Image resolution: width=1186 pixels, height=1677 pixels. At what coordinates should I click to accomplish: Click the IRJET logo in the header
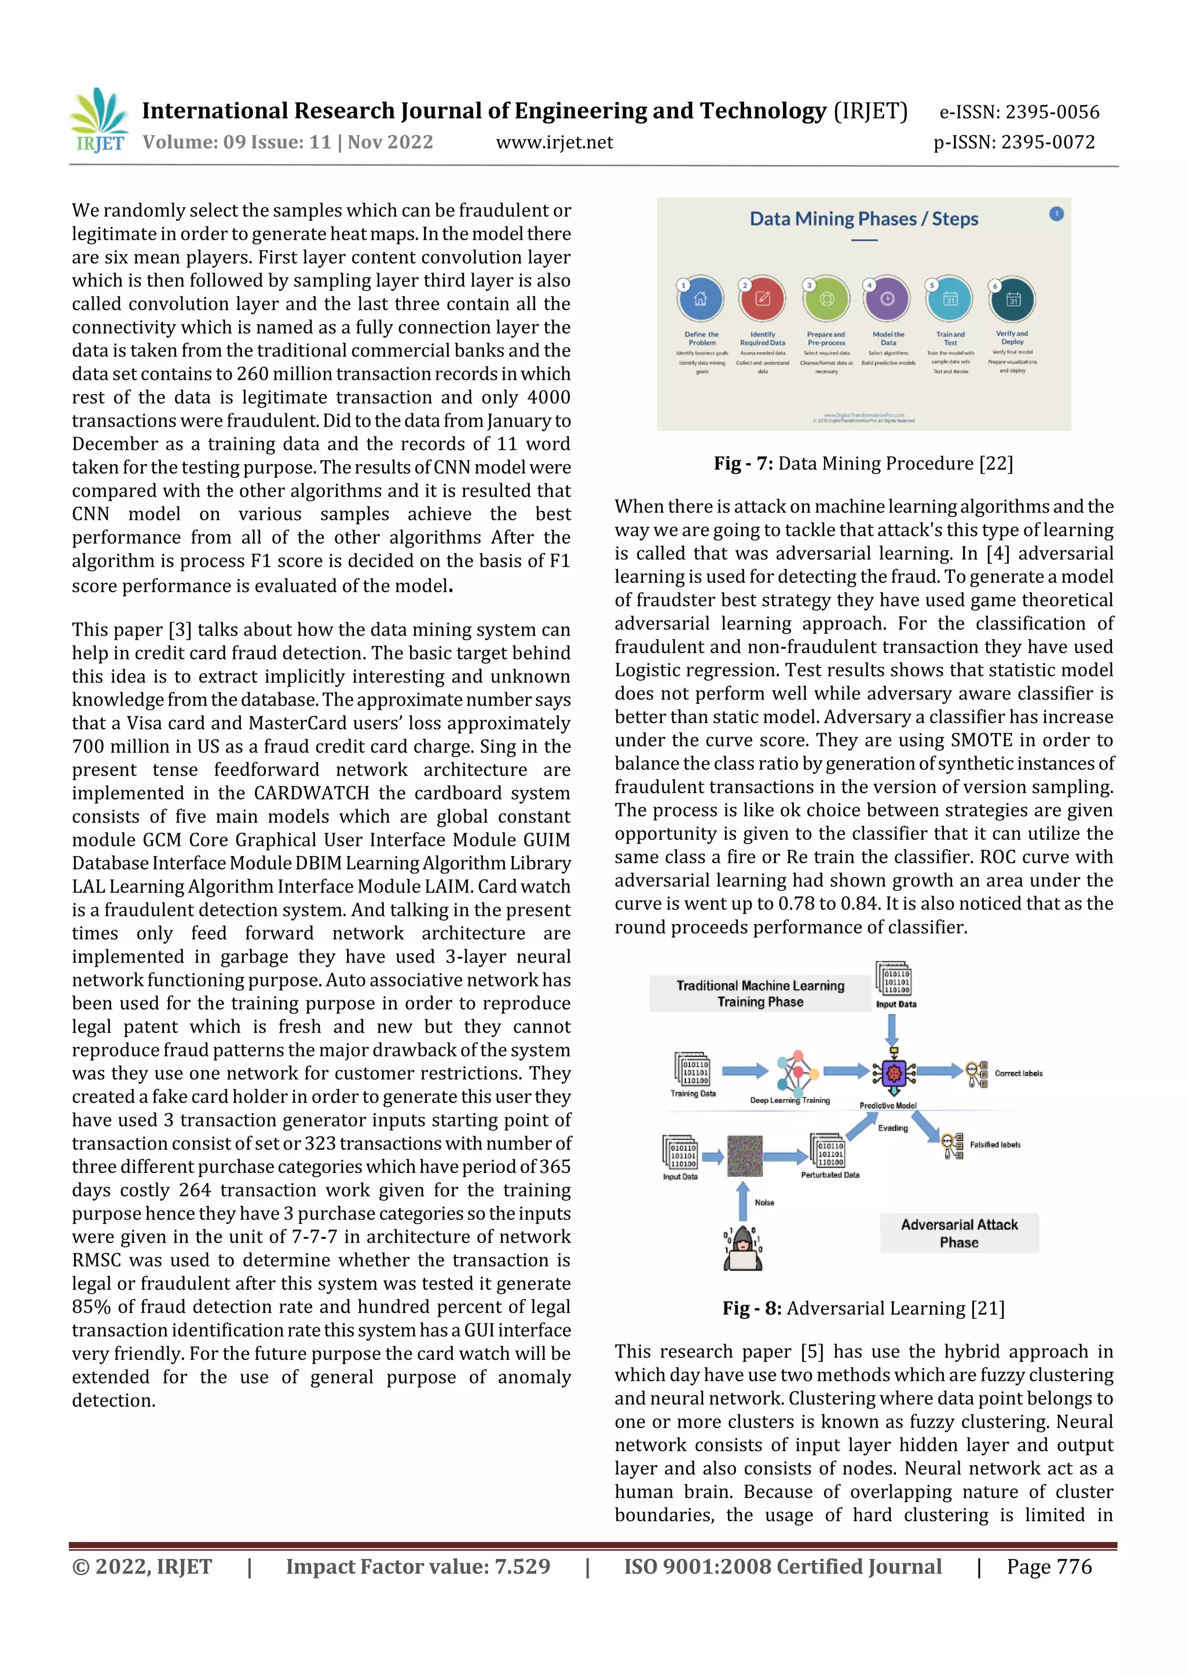click(98, 120)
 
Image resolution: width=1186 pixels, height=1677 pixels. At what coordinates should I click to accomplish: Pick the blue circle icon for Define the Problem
click(701, 299)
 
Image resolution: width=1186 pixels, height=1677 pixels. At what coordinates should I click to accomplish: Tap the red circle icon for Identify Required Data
click(762, 299)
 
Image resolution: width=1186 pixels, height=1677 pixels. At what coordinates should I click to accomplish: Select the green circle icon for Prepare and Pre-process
click(826, 299)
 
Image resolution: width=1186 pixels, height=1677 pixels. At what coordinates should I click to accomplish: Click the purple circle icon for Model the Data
click(887, 299)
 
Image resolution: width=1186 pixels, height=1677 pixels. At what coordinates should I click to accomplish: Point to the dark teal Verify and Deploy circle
click(1012, 299)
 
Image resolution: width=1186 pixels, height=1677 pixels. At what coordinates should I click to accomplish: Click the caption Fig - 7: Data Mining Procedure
click(864, 464)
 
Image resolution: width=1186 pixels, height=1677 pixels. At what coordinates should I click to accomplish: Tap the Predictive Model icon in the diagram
click(893, 1073)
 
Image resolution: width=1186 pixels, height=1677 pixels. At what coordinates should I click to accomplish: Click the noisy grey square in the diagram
click(745, 1155)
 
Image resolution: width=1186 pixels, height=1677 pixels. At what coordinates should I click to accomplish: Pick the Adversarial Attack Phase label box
click(959, 1233)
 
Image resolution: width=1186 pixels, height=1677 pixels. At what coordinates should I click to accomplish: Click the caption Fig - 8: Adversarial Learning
click(864, 1308)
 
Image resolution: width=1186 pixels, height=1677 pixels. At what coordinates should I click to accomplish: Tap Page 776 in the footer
click(1049, 1566)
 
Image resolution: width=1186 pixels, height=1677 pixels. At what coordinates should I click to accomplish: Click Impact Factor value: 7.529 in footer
click(418, 1566)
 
